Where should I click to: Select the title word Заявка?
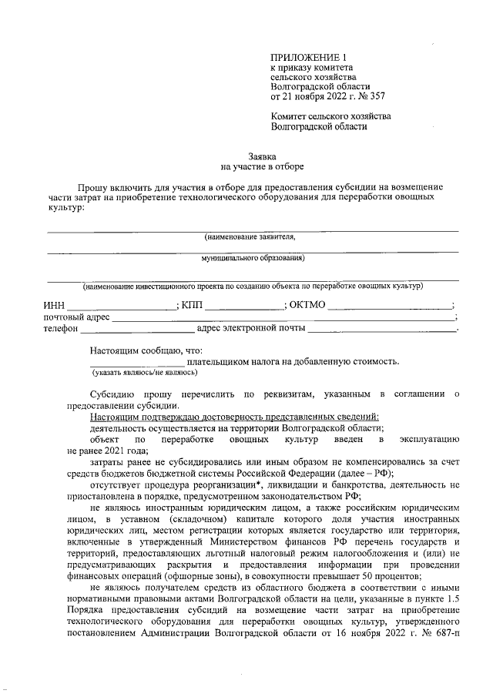click(x=262, y=155)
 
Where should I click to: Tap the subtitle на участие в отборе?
click(x=262, y=166)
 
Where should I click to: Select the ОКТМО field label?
click(x=308, y=305)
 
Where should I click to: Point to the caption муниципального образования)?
click(x=252, y=258)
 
